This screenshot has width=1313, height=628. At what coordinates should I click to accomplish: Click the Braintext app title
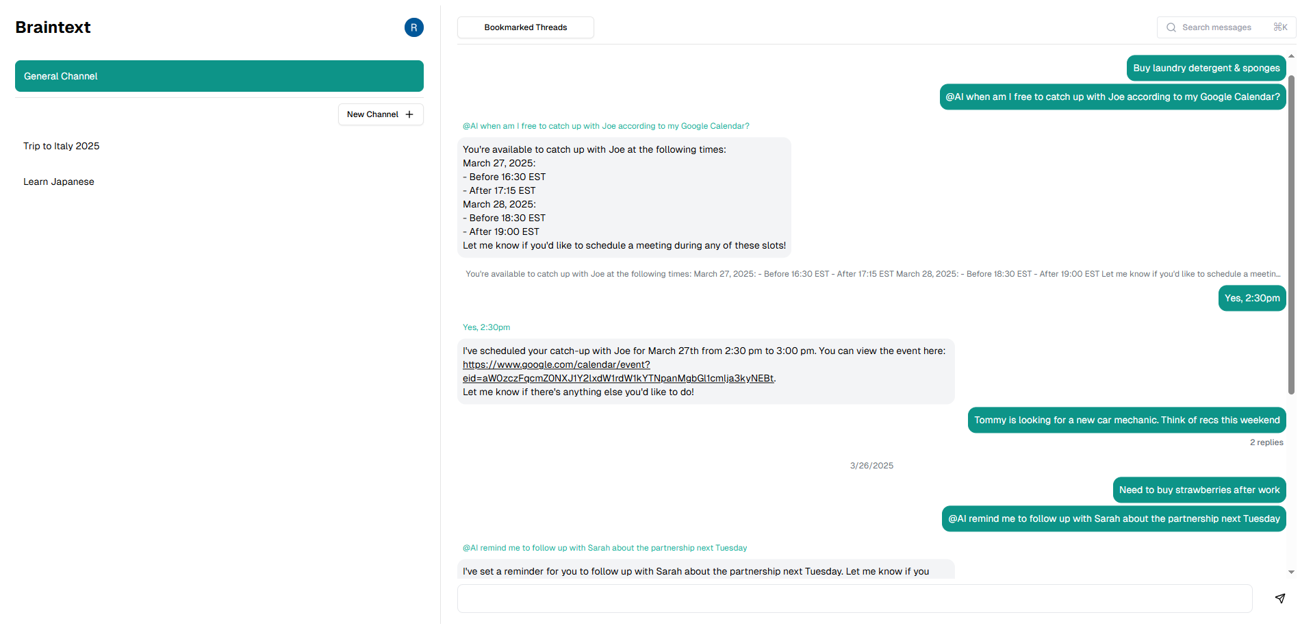pos(53,27)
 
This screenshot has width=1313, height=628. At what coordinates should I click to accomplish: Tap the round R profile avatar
pos(413,27)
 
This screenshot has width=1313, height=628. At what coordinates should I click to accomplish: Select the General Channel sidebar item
pos(219,76)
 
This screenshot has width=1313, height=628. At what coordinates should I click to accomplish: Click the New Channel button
pos(381,114)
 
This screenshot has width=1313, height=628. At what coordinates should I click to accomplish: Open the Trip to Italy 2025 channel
pos(62,146)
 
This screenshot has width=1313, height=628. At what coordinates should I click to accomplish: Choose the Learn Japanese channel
pos(59,181)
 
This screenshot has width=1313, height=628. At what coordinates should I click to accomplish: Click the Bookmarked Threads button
pos(525,27)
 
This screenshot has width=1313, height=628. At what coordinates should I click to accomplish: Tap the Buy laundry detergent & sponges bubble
pos(1206,68)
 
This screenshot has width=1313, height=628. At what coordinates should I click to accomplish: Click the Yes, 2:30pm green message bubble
pos(1251,298)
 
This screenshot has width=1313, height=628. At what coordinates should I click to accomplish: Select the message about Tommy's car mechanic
pos(1126,420)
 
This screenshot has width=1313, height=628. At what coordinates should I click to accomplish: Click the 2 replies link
pos(1266,442)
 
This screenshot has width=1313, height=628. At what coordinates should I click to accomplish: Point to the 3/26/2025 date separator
pos(871,466)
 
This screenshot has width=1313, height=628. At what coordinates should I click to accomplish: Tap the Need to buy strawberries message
pos(1199,490)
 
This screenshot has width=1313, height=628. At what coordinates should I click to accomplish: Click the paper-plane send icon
pos(1279,599)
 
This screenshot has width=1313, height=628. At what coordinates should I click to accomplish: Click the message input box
pos(854,599)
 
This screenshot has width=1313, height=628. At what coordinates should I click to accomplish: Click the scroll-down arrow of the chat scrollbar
pos(1291,572)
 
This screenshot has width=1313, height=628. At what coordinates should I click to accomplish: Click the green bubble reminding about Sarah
pos(1113,518)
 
